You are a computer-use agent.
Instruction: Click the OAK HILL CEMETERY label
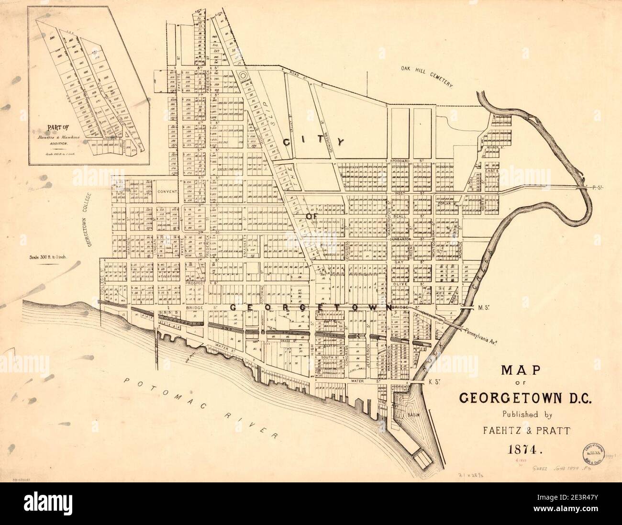tap(428, 76)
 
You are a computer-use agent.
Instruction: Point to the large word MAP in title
tap(520, 371)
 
